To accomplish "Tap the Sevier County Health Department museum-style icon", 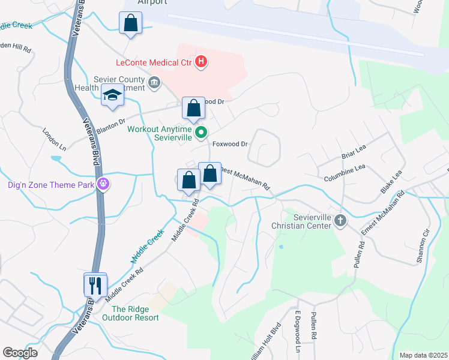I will click(x=154, y=82).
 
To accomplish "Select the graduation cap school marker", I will click(x=112, y=95).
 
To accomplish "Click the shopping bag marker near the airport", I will click(x=130, y=25).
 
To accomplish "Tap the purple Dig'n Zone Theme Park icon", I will click(x=103, y=184).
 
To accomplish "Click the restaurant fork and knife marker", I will click(x=95, y=284).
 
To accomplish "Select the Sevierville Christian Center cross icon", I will click(x=340, y=220).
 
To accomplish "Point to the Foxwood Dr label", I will click(x=231, y=144).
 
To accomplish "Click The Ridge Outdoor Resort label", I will click(x=130, y=313).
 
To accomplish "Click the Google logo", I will click(x=20, y=352).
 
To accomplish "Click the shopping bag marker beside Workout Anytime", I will click(x=193, y=109).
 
